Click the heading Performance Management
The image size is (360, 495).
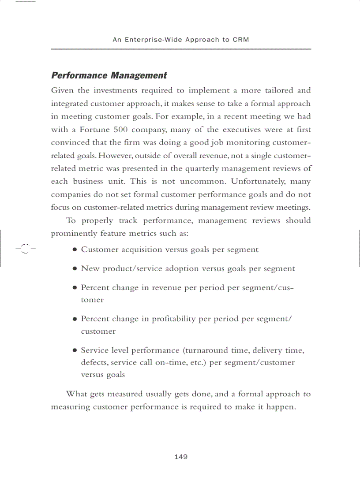(x=109, y=75)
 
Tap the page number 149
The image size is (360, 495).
(x=181, y=457)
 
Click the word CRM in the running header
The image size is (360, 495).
(x=241, y=40)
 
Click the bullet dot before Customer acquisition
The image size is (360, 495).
(x=75, y=250)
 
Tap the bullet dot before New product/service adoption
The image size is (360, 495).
(x=75, y=269)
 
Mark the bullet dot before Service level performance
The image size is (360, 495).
(x=75, y=351)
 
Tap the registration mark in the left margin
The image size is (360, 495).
(x=25, y=249)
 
